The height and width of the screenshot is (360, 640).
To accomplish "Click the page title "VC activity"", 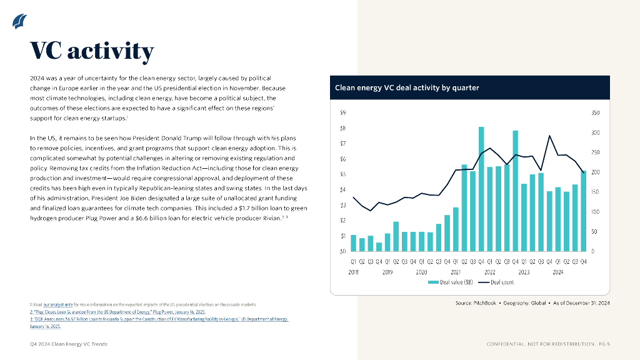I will point(92,51).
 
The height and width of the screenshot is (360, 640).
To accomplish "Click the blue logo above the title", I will point(19,22).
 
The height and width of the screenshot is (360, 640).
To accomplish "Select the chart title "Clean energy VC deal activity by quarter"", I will point(407,88).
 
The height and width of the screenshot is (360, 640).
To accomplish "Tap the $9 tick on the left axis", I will point(342,113).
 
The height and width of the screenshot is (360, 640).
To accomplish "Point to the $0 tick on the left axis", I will point(342,251).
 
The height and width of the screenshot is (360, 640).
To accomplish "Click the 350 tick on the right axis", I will point(595,113).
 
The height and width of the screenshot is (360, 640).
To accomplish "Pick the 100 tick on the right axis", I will point(595,212).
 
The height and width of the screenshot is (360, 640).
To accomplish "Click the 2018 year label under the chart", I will point(354,272).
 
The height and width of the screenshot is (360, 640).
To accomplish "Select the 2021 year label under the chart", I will point(456,272).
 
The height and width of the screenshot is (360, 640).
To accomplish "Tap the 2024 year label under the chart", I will point(557,272).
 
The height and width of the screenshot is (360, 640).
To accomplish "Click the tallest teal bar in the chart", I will point(482,187).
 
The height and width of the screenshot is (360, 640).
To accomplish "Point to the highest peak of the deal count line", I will point(549,136).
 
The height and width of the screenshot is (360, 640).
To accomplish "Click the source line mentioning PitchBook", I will point(532,303).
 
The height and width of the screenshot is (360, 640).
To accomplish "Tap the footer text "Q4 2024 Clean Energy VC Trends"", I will point(69,344).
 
